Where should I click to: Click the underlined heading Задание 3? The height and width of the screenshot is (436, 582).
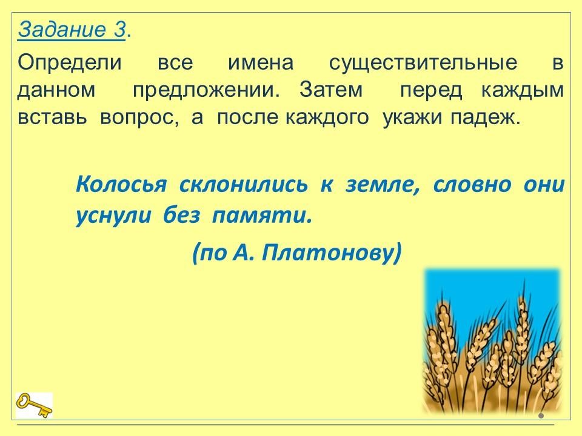72,29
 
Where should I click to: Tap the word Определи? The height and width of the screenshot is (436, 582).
69,63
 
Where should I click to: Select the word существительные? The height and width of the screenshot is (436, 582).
423,63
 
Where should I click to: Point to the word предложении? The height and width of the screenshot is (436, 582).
206,90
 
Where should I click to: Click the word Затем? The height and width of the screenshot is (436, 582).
331,90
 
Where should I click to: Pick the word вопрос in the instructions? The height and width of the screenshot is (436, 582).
139,118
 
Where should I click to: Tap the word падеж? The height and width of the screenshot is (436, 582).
486,118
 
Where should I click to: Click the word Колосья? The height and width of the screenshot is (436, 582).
121,184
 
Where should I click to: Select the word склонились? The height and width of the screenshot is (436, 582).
244,184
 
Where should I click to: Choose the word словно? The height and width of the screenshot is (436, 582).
472,185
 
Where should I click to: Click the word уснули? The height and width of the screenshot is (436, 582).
113,216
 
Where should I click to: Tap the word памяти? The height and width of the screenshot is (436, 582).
262,216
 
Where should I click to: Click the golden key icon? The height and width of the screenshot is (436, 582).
34,405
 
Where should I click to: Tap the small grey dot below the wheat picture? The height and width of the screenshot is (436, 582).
541,415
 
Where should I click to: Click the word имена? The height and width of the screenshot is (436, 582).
261,63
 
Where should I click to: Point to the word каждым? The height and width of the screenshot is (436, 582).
523,90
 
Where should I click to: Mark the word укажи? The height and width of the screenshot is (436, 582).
412,118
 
